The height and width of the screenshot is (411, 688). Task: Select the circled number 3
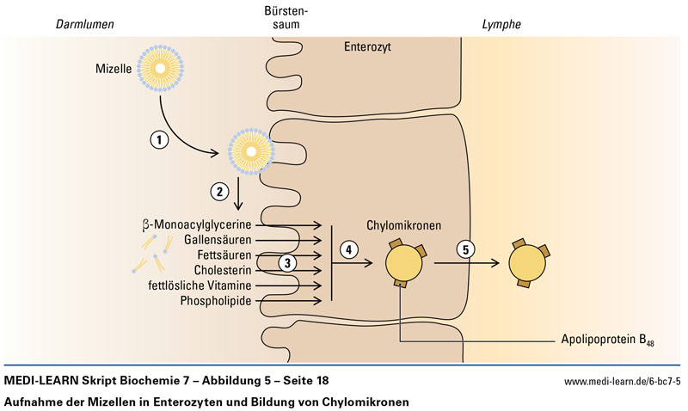[x=289, y=261]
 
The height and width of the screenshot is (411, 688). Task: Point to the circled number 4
[x=347, y=248]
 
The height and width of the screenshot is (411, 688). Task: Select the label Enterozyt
[x=367, y=48]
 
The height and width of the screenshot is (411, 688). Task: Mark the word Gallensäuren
[x=218, y=240]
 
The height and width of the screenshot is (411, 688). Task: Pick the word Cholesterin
[x=223, y=270]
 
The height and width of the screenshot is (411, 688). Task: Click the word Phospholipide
[x=215, y=301]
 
